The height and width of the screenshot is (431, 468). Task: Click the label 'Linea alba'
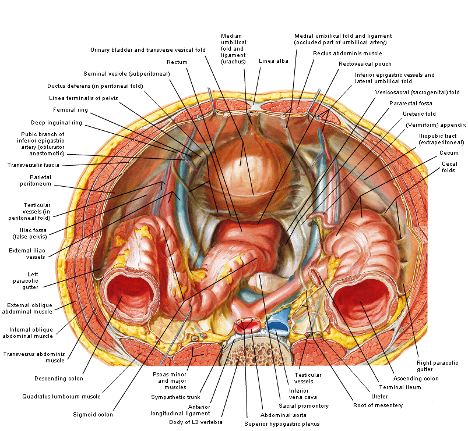(x=273, y=61)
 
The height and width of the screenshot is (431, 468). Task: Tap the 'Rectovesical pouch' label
(x=365, y=64)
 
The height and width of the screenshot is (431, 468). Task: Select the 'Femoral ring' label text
(x=71, y=110)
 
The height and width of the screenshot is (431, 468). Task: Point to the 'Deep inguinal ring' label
(x=57, y=123)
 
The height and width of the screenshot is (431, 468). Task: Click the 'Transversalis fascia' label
(x=33, y=165)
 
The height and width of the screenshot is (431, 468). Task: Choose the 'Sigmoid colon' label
(x=93, y=415)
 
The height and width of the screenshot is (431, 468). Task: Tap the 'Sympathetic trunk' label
(x=175, y=397)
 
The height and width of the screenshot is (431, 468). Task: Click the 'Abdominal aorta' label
(x=283, y=415)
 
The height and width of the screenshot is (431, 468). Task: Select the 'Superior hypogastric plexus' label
(x=281, y=424)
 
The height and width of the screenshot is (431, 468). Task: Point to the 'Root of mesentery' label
(x=378, y=405)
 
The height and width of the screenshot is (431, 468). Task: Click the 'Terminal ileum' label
(x=400, y=387)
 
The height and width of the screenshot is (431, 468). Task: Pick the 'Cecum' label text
(x=449, y=153)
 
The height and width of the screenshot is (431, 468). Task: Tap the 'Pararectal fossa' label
(x=411, y=104)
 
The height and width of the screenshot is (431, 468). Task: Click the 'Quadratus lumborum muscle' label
(x=61, y=397)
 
